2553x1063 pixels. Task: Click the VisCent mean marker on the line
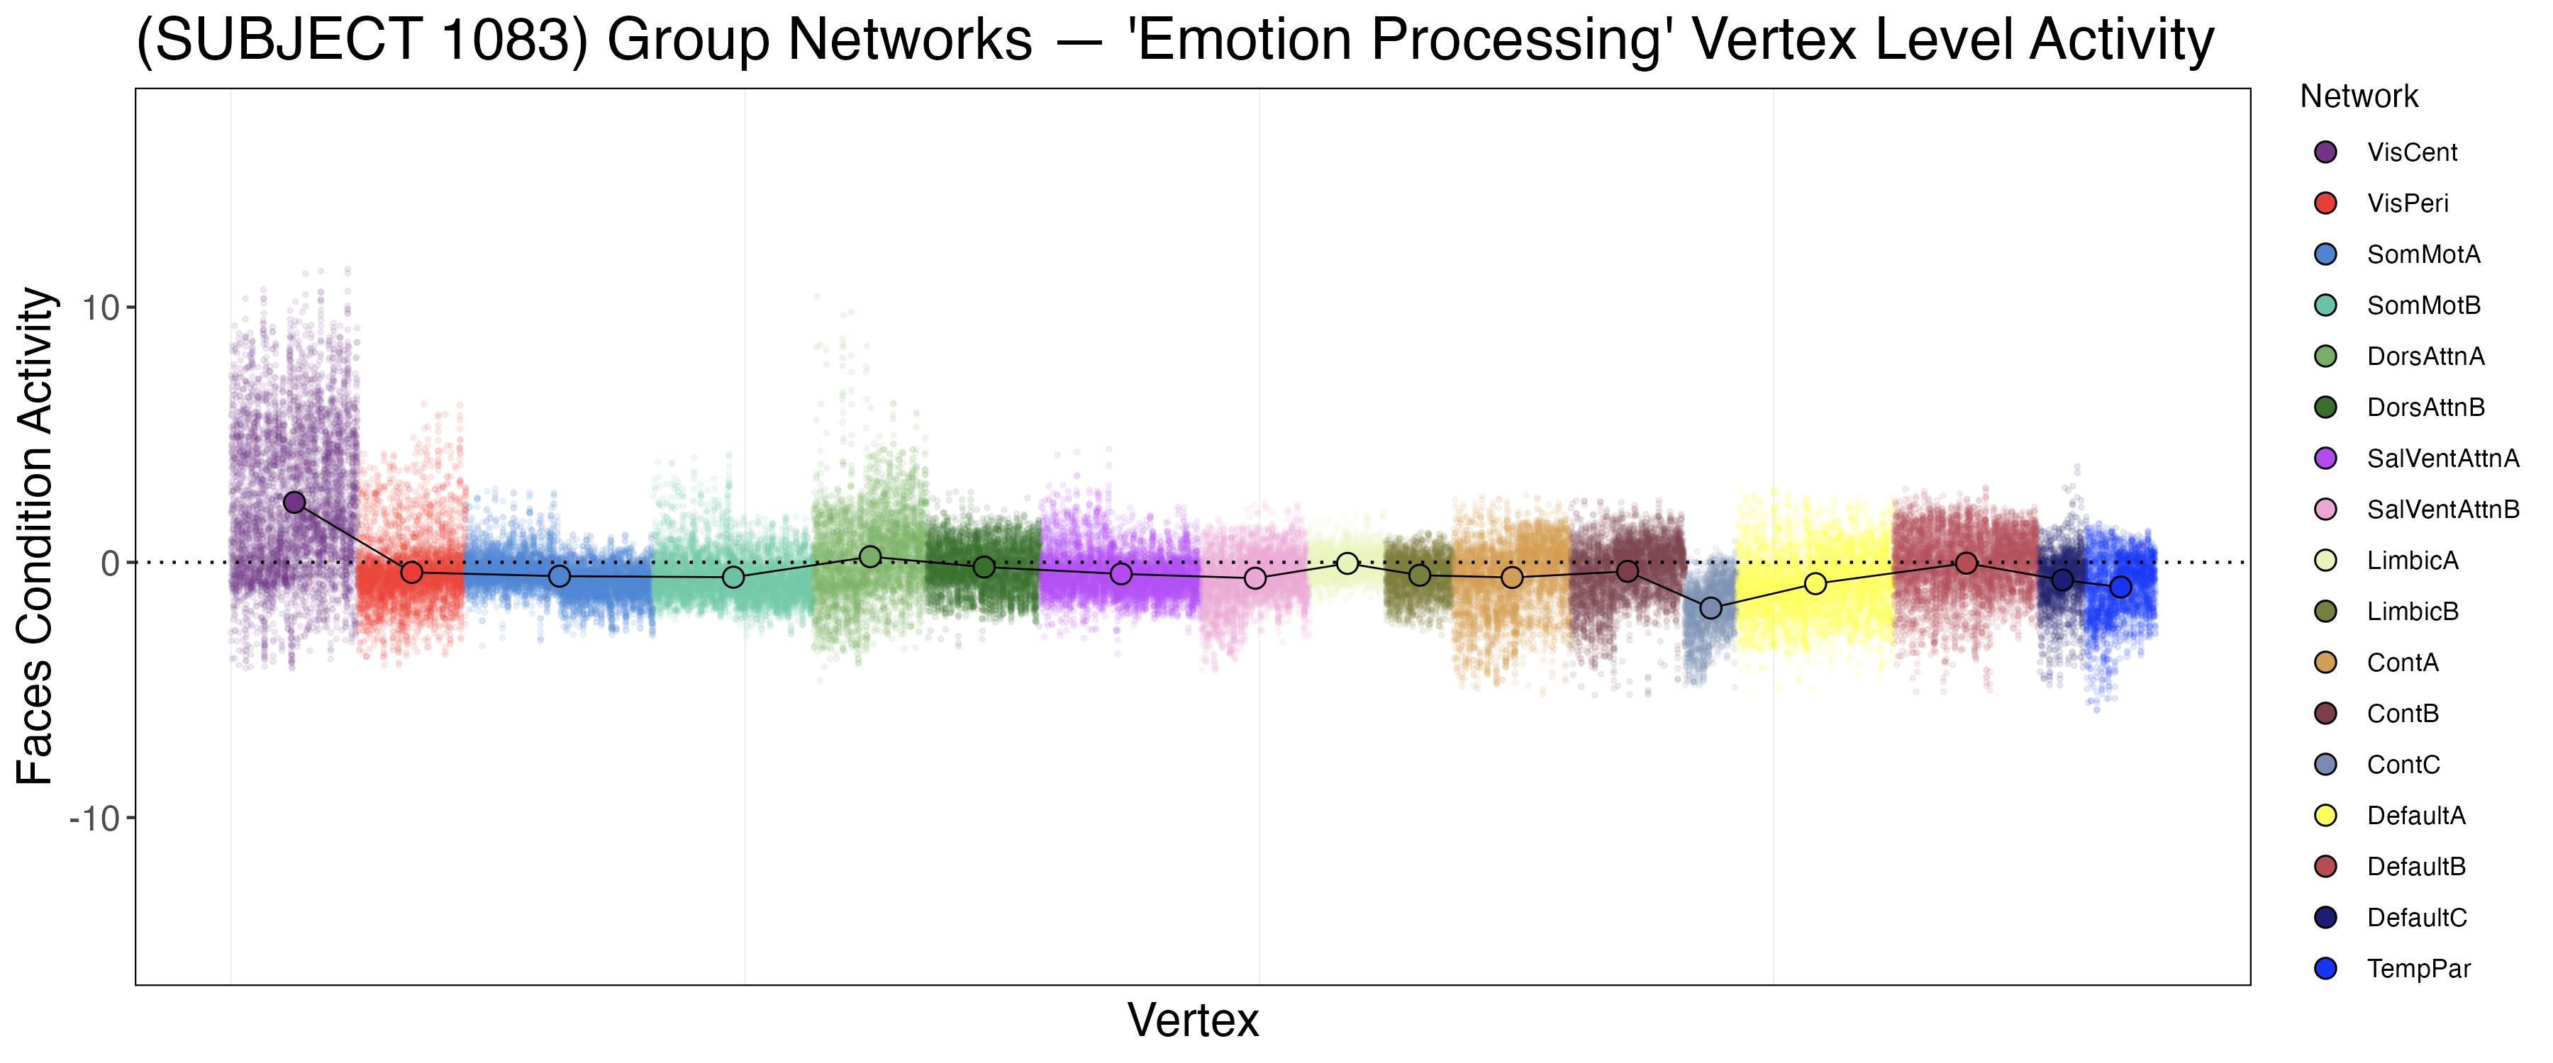pyautogui.click(x=294, y=502)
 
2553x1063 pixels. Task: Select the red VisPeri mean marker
pyautogui.click(x=411, y=573)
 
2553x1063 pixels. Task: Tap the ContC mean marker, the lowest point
pyautogui.click(x=1711, y=608)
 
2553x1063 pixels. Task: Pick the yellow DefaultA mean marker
pyautogui.click(x=1815, y=583)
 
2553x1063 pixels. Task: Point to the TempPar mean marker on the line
pyautogui.click(x=2120, y=587)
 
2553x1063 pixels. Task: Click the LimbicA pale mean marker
pyautogui.click(x=1347, y=563)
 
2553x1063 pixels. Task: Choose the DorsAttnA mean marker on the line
pyautogui.click(x=870, y=557)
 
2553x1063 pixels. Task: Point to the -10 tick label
pyautogui.click(x=94, y=819)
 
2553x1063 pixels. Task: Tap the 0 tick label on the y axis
pyautogui.click(x=110, y=563)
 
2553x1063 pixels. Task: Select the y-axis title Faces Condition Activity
pyautogui.click(x=35, y=536)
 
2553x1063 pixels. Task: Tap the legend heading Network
pyautogui.click(x=2359, y=97)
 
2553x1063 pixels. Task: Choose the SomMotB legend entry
pyautogui.click(x=2423, y=305)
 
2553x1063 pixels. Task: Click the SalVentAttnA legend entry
pyautogui.click(x=2442, y=459)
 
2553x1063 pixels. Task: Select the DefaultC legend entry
pyautogui.click(x=2416, y=918)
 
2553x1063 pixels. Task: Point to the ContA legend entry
pyautogui.click(x=2403, y=663)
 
